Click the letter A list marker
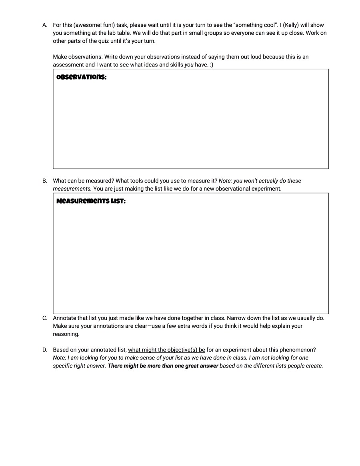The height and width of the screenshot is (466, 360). pyautogui.click(x=45, y=25)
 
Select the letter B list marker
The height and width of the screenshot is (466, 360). pyautogui.click(x=45, y=181)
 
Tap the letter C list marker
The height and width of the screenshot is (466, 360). pyautogui.click(x=45, y=318)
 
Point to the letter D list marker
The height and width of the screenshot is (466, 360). pyautogui.click(x=45, y=350)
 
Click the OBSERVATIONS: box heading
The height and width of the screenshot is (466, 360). pyautogui.click(x=82, y=77)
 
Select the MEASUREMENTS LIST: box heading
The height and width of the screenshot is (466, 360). pyautogui.click(x=91, y=201)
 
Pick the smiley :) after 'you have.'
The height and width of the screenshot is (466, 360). pyautogui.click(x=211, y=65)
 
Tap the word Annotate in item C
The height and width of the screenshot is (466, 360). pyautogui.click(x=65, y=318)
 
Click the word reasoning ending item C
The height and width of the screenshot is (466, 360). pyautogui.click(x=66, y=334)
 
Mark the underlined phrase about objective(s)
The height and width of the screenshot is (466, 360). pyautogui.click(x=166, y=350)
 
